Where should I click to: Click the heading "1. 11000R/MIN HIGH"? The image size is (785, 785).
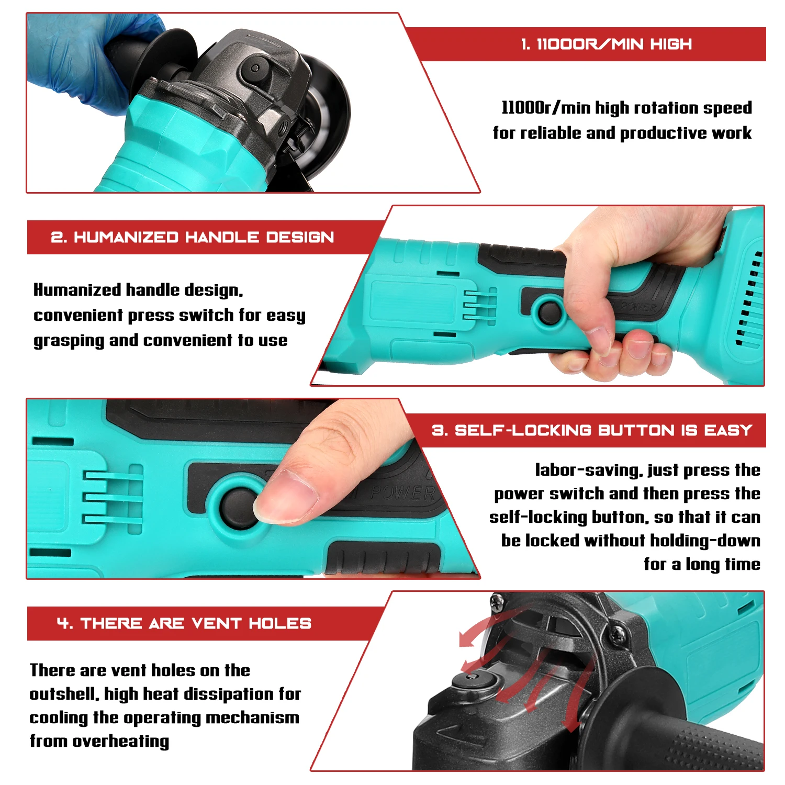(606, 44)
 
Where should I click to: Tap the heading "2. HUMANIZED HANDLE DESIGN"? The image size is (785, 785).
(192, 237)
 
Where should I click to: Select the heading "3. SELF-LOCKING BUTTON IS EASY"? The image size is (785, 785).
(591, 430)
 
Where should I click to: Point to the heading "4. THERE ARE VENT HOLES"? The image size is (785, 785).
(184, 623)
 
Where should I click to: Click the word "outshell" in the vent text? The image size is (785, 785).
(63, 694)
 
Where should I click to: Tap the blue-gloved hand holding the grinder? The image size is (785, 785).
(78, 58)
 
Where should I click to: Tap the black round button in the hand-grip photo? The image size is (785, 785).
(549, 311)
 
